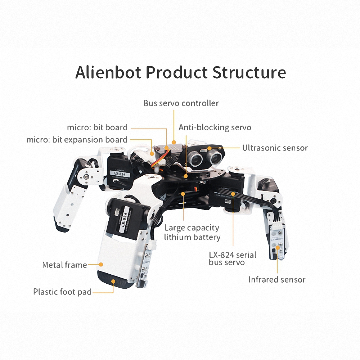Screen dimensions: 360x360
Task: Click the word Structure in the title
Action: coord(249,72)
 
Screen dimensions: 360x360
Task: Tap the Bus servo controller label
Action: coord(181,103)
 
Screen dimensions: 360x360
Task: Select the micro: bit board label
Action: coord(97,127)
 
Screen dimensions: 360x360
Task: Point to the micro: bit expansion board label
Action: coord(77,140)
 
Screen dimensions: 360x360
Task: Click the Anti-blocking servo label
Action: coord(215,127)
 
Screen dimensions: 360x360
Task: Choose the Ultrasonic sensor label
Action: coord(275,148)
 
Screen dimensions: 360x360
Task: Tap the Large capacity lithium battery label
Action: coord(192,233)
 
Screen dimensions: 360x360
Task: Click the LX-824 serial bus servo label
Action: coord(233,258)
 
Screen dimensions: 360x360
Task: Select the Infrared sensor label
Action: coord(277,279)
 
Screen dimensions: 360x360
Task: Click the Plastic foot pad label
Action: coord(62,292)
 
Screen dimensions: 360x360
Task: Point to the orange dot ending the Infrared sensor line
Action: coord(277,248)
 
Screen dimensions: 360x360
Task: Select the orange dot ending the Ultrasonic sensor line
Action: coord(220,148)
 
